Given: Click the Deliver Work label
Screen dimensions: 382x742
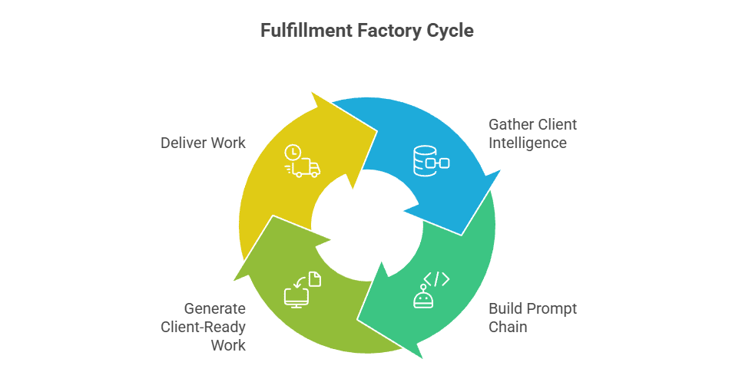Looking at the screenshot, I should (203, 143).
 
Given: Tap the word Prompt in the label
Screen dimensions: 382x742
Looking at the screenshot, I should (550, 309).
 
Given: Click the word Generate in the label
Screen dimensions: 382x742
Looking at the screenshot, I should (214, 308).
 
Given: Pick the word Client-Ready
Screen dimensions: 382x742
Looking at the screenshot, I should (203, 327).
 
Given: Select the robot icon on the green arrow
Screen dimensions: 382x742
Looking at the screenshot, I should (422, 296).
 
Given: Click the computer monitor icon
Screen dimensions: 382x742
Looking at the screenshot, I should (296, 295).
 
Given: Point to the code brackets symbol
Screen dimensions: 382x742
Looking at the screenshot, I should (437, 278).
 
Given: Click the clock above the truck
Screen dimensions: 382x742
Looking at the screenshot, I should (292, 152).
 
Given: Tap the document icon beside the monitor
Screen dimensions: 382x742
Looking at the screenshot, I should (315, 279).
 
